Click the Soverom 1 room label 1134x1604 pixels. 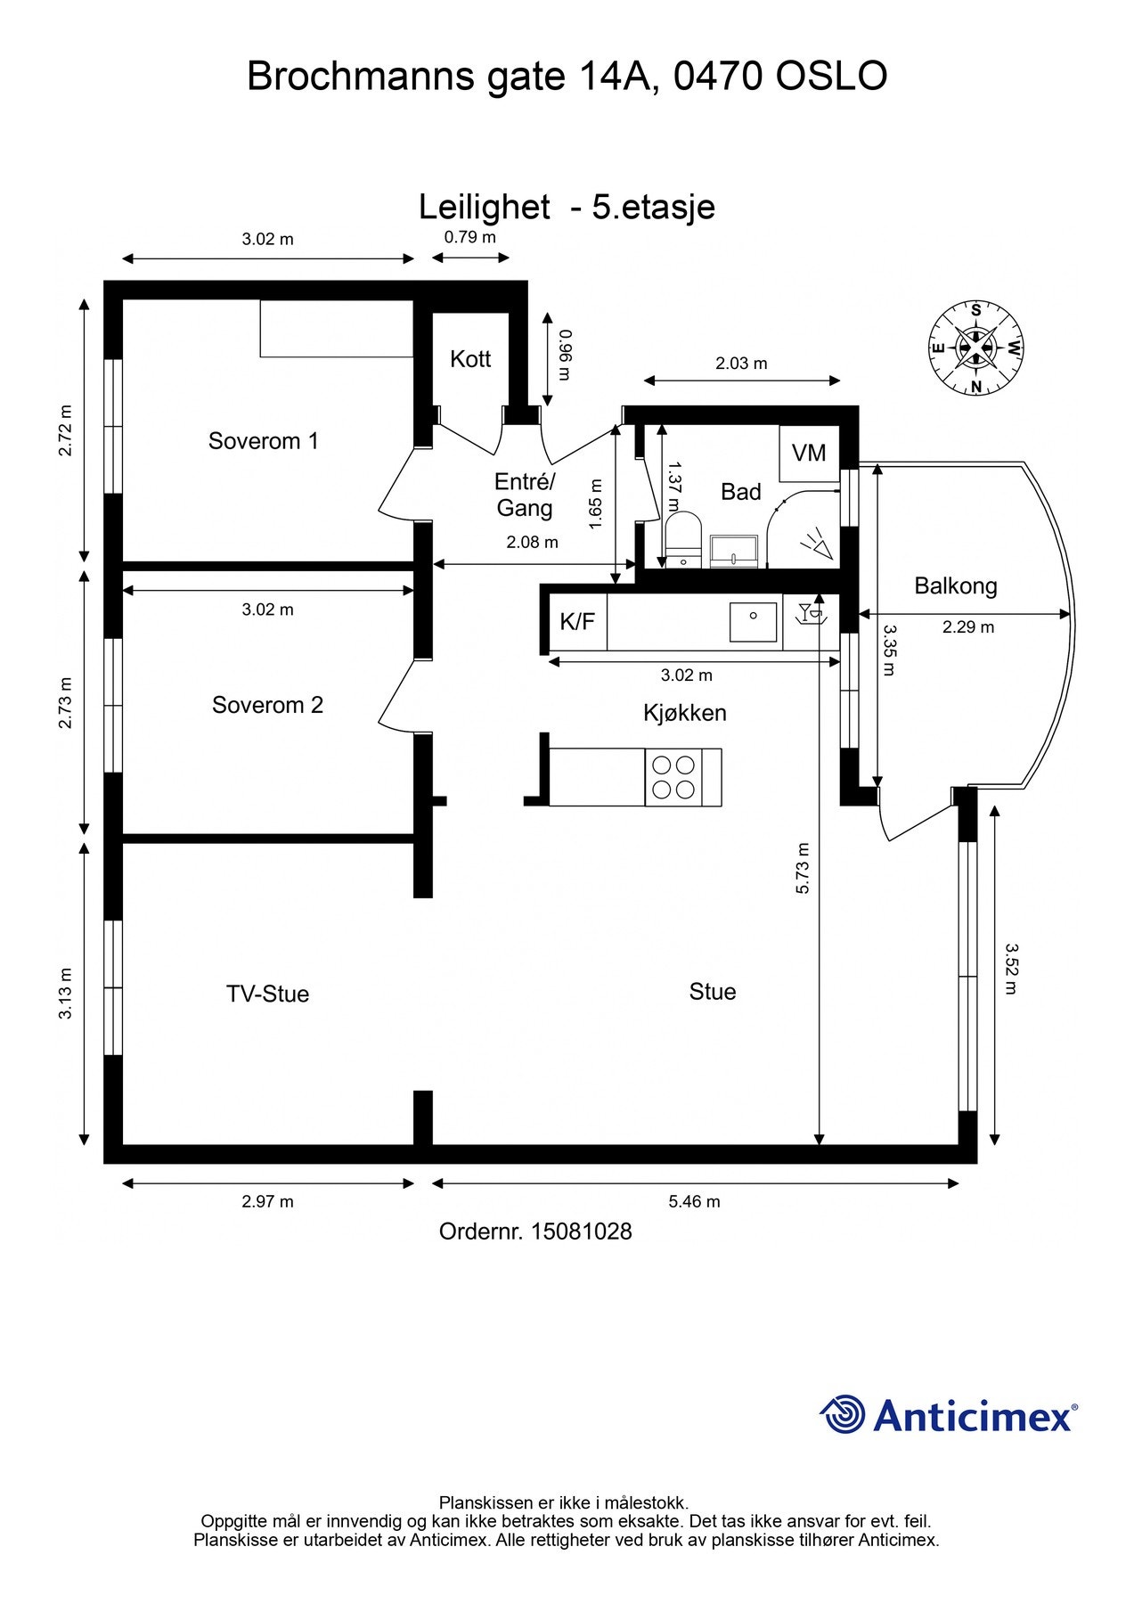(x=263, y=441)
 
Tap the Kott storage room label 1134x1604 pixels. (x=470, y=359)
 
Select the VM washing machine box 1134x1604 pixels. (x=809, y=454)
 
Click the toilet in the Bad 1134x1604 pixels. (x=682, y=539)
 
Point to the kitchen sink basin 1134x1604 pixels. (x=753, y=622)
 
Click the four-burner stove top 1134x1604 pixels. (x=673, y=777)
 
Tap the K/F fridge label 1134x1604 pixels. (x=577, y=621)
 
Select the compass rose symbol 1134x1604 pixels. (x=975, y=348)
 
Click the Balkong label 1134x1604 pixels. (x=956, y=586)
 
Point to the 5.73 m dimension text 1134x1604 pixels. (x=803, y=868)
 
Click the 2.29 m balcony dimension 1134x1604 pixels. (x=968, y=627)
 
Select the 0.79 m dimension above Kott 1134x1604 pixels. (x=470, y=237)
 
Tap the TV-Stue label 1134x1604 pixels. (x=267, y=994)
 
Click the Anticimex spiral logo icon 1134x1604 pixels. (x=843, y=1414)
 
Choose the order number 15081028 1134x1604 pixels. (x=582, y=1232)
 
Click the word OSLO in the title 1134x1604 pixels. (x=831, y=77)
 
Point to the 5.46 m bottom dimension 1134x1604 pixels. (x=695, y=1202)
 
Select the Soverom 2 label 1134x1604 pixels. (x=267, y=706)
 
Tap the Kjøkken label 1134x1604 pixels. (x=685, y=714)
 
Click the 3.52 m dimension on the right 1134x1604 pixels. (x=1010, y=970)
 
